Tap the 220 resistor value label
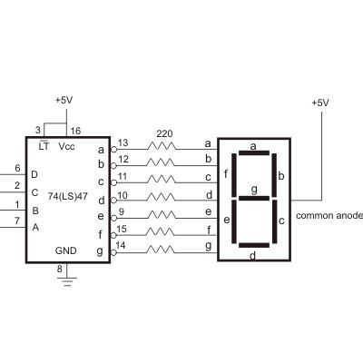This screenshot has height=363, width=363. [x=163, y=132]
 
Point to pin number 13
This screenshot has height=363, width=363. [x=123, y=143]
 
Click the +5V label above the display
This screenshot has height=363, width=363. [x=319, y=103]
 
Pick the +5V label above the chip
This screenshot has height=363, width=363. [x=65, y=99]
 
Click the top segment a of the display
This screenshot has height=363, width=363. [x=253, y=154]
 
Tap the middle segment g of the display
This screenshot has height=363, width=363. [x=253, y=198]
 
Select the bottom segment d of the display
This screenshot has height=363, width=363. [x=253, y=243]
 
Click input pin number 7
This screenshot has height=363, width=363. [x=16, y=220]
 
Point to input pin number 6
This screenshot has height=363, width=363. [x=16, y=168]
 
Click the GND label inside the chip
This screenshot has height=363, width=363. [x=65, y=250]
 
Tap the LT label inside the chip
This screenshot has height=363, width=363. [x=44, y=145]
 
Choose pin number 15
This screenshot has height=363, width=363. [x=123, y=230]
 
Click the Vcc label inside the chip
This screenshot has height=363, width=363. [x=66, y=145]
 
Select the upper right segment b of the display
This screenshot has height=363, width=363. [x=275, y=175]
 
